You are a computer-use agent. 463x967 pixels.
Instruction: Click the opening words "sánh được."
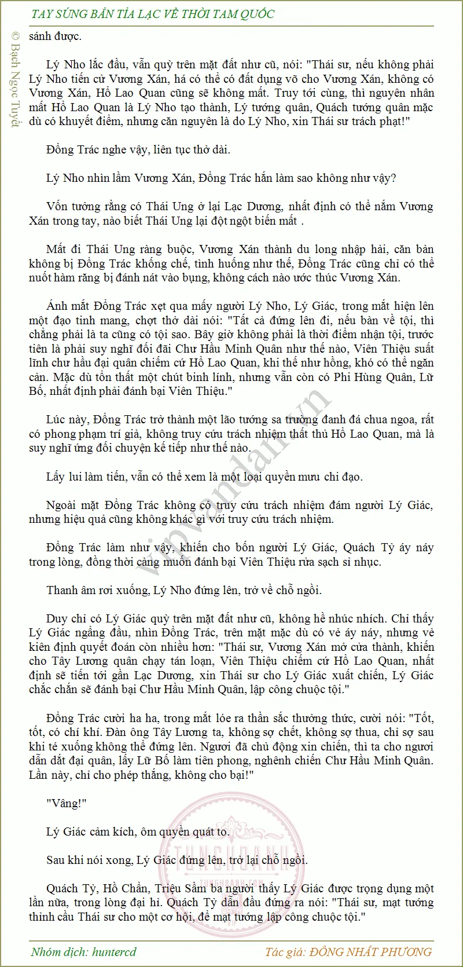(55, 36)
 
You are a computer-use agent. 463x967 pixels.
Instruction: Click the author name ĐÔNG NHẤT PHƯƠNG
(371, 951)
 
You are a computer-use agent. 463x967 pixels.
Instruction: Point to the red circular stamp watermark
(231, 857)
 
